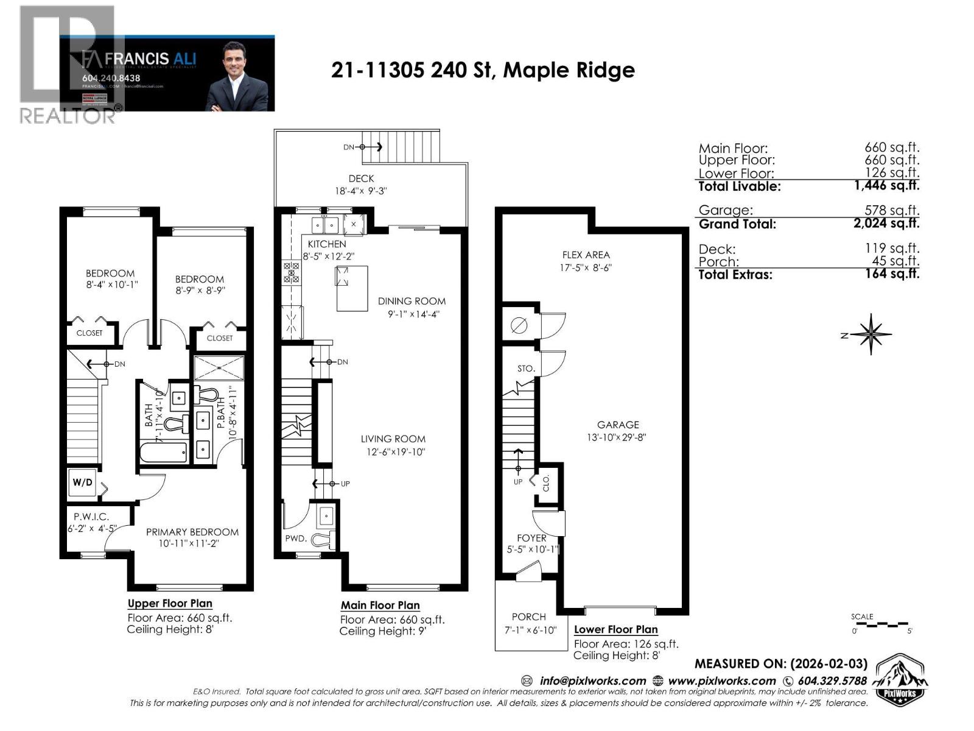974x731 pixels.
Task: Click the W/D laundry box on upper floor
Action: [83, 483]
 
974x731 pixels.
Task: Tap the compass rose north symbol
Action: [871, 334]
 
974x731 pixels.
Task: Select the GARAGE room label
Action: [617, 425]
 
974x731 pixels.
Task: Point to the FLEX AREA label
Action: [586, 255]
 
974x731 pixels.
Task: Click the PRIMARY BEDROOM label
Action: [192, 532]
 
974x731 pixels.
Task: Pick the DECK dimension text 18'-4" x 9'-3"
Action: [361, 191]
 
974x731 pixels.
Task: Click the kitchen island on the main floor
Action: [351, 288]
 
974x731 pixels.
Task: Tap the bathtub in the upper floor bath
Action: [163, 453]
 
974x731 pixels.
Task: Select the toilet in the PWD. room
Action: [323, 539]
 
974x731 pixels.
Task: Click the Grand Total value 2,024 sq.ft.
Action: [886, 223]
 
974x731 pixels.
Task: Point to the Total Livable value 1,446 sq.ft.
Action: [886, 186]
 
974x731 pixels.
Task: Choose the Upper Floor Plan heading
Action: [170, 604]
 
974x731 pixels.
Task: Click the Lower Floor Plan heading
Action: [615, 630]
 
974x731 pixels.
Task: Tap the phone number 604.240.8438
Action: [111, 78]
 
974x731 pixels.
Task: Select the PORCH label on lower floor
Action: [528, 616]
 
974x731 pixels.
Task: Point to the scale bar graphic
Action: [881, 624]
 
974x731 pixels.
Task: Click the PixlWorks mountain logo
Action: [900, 679]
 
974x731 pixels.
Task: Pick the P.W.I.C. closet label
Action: [91, 517]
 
